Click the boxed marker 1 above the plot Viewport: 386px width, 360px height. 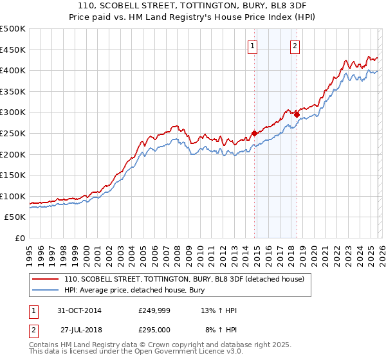tap(252, 46)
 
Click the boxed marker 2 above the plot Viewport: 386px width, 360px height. tap(295, 46)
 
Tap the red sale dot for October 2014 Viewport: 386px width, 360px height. tap(254, 133)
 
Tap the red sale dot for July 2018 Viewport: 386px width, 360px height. tap(297, 114)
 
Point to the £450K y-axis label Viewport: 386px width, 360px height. tap(13, 50)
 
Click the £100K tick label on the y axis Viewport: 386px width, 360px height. tap(13, 196)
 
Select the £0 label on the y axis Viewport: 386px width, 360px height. tap(19, 238)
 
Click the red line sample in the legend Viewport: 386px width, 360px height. tap(45, 280)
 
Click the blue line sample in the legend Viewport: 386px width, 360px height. tap(45, 290)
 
